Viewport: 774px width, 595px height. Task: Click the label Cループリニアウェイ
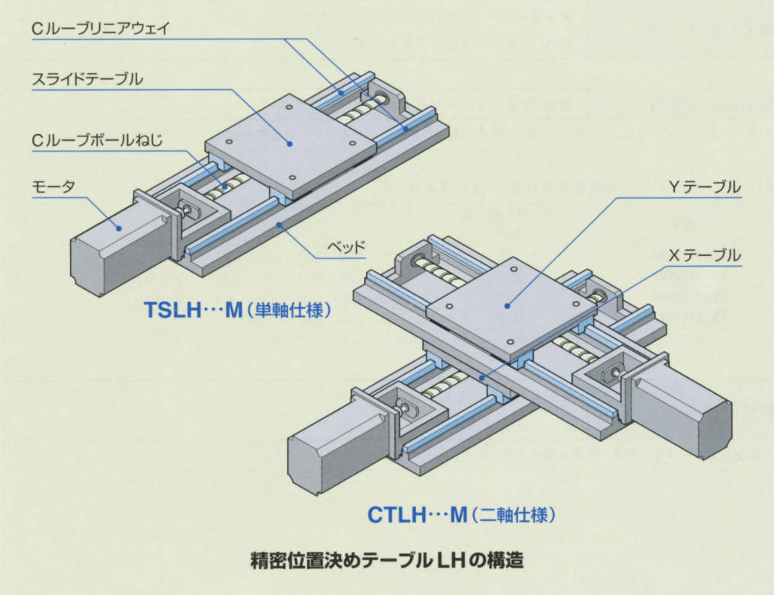[100, 29]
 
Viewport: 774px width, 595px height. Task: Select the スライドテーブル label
[87, 79]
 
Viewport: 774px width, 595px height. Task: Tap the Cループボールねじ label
[98, 140]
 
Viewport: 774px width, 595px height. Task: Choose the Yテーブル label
[703, 187]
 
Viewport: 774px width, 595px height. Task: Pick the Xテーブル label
[703, 255]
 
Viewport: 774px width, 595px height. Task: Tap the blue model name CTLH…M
[417, 515]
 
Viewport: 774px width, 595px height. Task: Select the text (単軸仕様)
[290, 311]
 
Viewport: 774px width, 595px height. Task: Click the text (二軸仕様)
[513, 516]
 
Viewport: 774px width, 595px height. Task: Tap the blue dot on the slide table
[289, 141]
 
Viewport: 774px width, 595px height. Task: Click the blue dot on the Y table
[507, 305]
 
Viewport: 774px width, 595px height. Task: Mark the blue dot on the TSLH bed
[280, 223]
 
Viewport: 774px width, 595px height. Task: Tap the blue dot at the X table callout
[481, 376]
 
